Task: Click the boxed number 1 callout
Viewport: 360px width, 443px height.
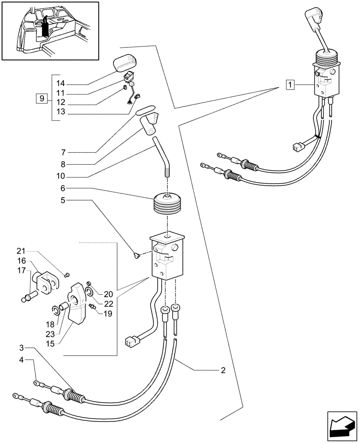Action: pyautogui.click(x=290, y=84)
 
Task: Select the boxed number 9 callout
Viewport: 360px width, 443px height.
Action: pyautogui.click(x=41, y=98)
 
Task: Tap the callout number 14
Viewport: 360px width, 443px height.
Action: pyautogui.click(x=61, y=83)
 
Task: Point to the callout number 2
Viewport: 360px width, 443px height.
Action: pyautogui.click(x=223, y=370)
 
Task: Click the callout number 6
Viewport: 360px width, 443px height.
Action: pyautogui.click(x=64, y=188)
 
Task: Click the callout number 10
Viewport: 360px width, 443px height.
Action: pyautogui.click(x=61, y=175)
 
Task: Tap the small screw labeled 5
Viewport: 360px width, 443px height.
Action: pyautogui.click(x=137, y=255)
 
